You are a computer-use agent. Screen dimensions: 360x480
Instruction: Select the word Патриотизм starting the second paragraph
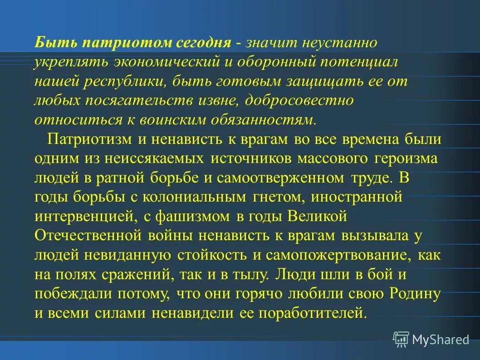90,139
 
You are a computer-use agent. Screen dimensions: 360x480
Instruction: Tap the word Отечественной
88,236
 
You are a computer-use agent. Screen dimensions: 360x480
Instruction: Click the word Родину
415,294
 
